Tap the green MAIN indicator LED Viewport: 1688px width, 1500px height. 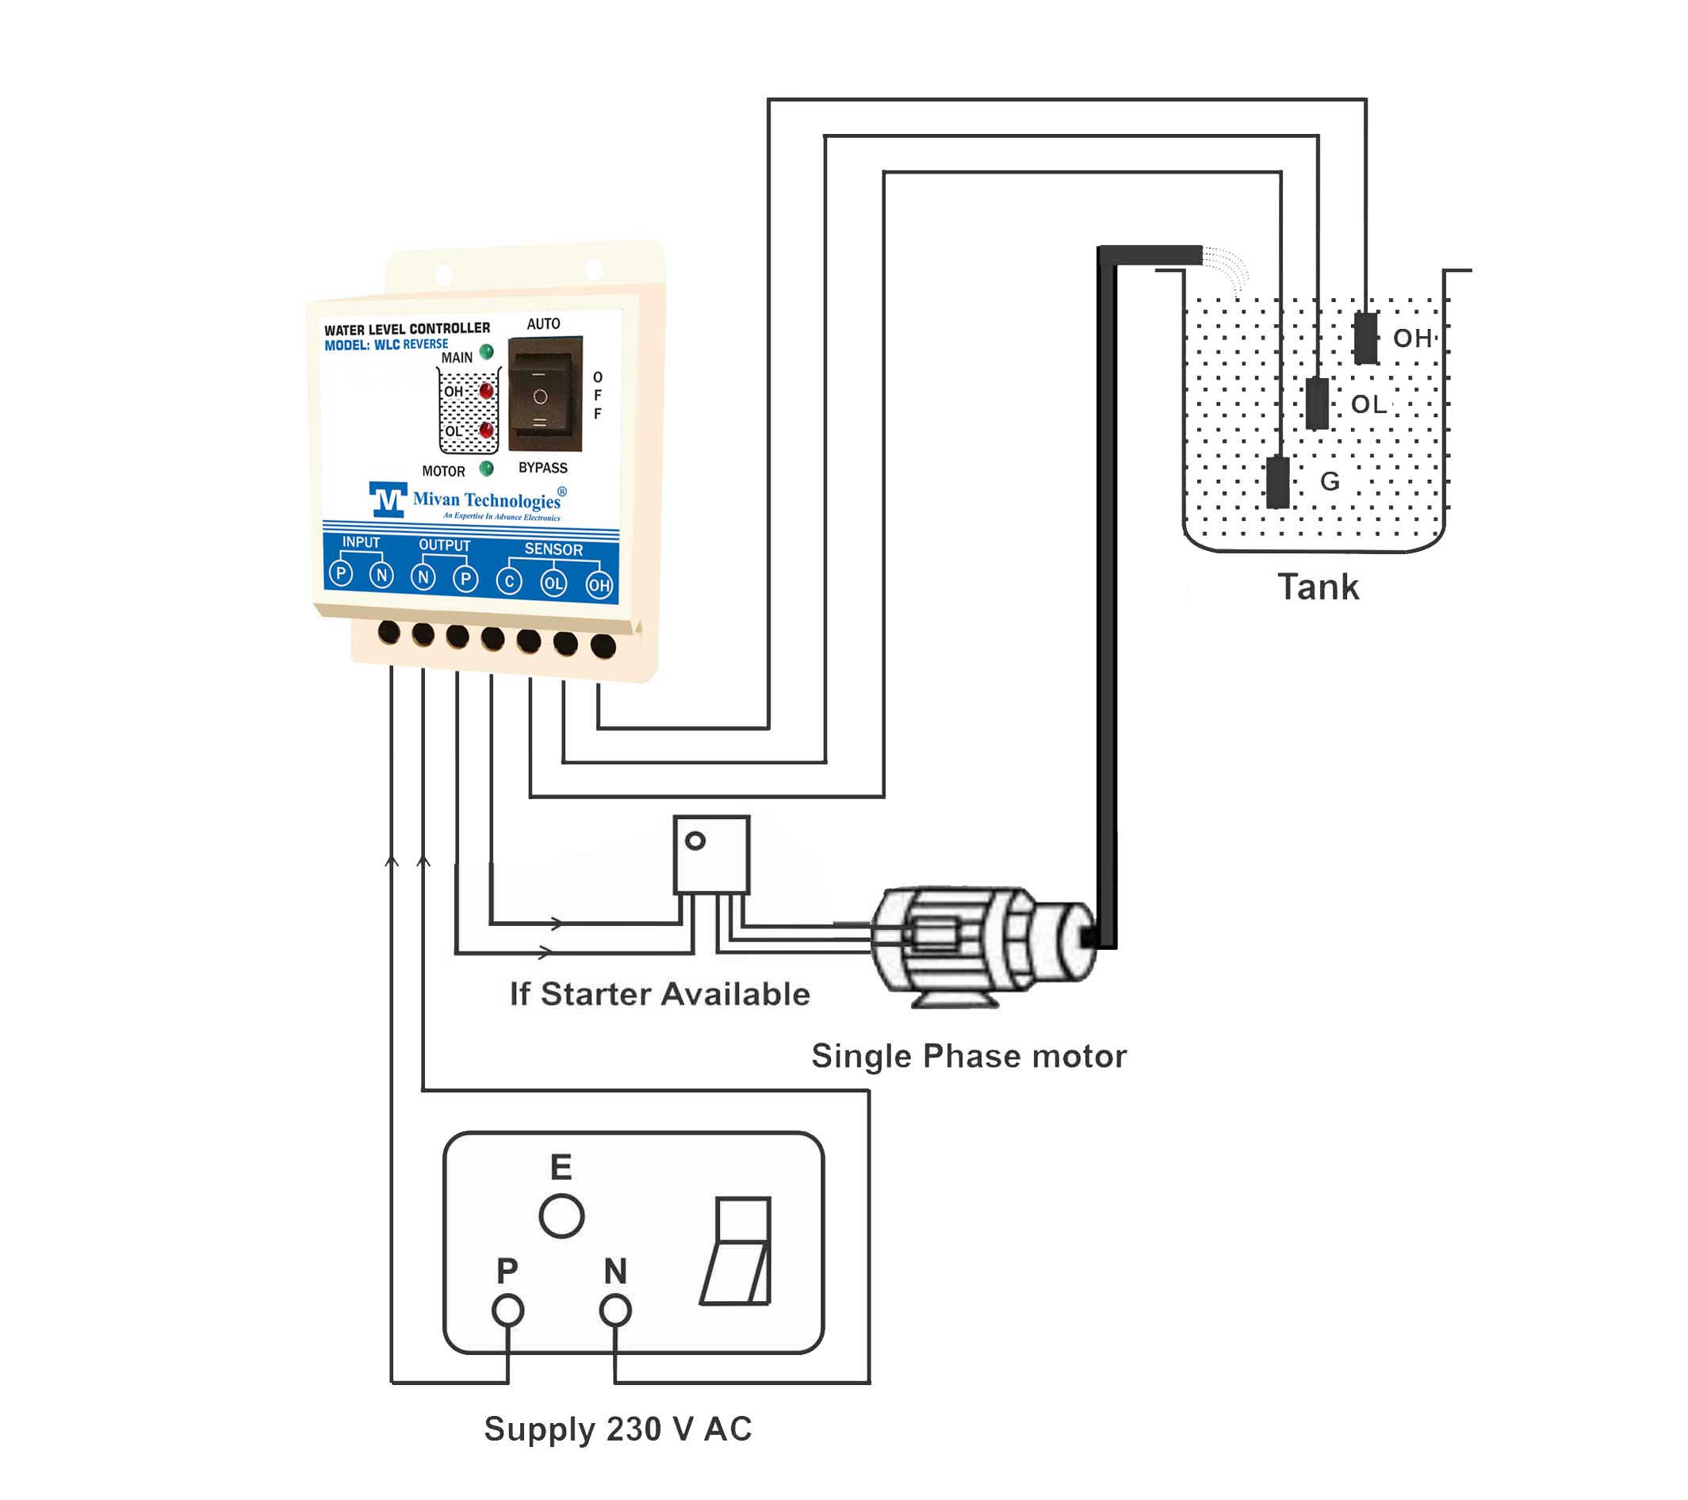click(486, 352)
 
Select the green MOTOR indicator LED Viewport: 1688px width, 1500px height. click(486, 469)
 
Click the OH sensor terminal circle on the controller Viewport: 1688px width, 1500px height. click(599, 586)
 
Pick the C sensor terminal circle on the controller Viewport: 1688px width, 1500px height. click(509, 581)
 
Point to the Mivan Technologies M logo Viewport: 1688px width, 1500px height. click(388, 499)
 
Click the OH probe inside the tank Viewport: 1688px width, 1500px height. click(1366, 337)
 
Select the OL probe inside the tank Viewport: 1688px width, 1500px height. click(1317, 403)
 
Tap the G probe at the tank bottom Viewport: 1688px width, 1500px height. click(1277, 482)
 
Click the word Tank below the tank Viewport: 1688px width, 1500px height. click(1318, 587)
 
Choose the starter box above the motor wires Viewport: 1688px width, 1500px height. click(711, 855)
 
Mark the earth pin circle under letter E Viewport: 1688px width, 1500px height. click(561, 1216)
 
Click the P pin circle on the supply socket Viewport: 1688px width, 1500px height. click(508, 1310)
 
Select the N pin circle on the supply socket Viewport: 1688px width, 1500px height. click(615, 1310)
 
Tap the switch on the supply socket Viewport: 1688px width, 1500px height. click(737, 1250)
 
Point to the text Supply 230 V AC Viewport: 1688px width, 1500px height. click(618, 1428)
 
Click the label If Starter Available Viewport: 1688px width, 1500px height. click(659, 994)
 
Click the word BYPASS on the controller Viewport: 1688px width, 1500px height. click(542, 468)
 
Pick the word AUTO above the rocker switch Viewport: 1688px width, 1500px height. click(543, 323)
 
